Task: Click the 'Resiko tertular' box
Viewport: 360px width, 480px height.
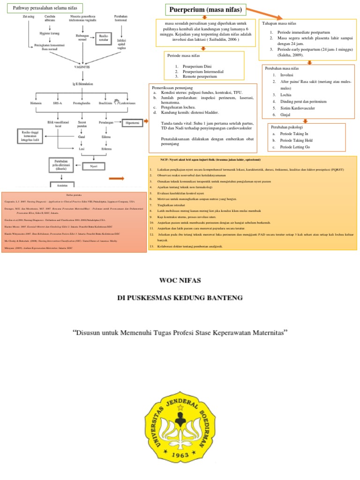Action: pyautogui.click(x=103, y=38)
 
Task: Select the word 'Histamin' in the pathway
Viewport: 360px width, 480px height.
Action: pyautogui.click(x=36, y=103)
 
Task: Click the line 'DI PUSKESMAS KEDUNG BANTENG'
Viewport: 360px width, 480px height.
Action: pyautogui.click(x=180, y=298)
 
